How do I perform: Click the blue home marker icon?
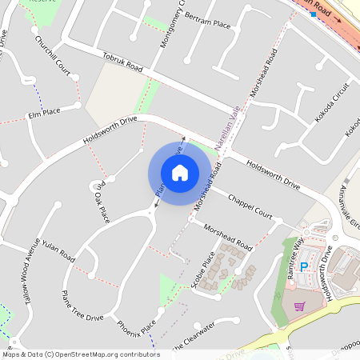[x=180, y=172]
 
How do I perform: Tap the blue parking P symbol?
[x=304, y=267]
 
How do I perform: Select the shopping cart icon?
[x=298, y=306]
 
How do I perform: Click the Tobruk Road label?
[x=122, y=63]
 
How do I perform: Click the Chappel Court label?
[x=256, y=207]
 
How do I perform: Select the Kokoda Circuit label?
[x=332, y=102]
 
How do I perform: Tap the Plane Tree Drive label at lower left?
[x=82, y=306]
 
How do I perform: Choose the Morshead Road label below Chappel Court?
[x=228, y=236]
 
